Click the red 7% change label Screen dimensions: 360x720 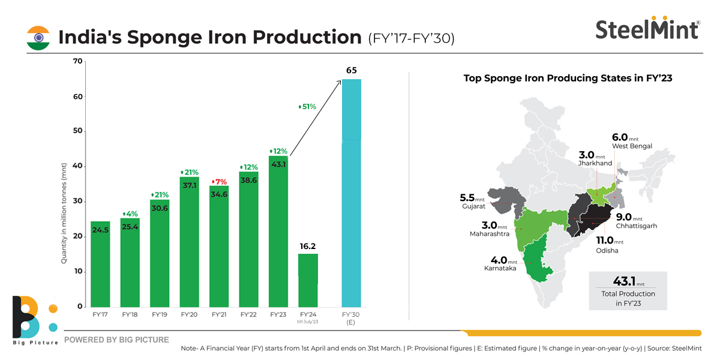coord(219,182)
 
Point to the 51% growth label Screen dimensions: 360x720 coord(307,106)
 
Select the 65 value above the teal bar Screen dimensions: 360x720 coord(352,70)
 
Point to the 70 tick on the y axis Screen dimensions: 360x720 coord(77,62)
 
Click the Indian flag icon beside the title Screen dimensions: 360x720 coord(38,38)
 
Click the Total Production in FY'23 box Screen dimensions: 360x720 coord(628,290)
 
